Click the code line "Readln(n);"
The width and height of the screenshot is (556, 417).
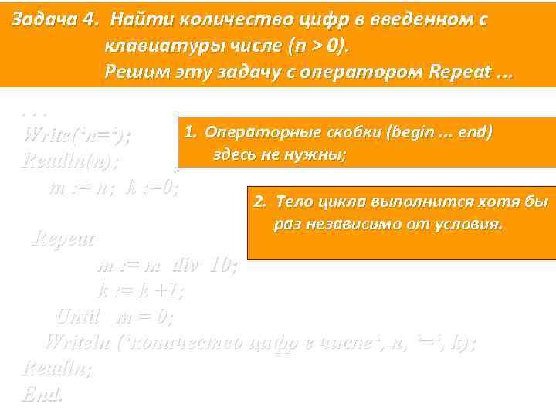72,161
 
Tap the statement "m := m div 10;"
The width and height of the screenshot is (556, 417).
167,265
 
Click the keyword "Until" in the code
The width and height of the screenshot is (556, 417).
79,316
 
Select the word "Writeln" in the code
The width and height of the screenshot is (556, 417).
76,341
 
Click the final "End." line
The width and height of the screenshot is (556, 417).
42,393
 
